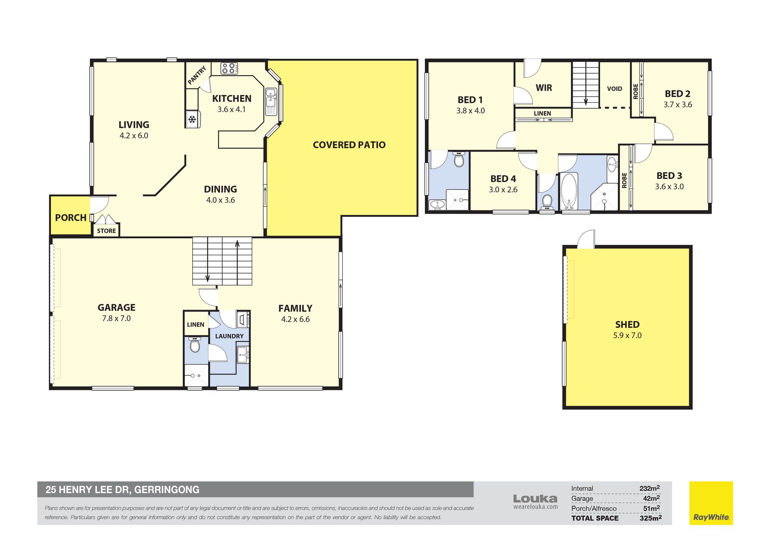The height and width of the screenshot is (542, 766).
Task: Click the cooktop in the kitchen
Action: (x=229, y=68)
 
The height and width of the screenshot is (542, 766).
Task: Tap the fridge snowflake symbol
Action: (x=192, y=119)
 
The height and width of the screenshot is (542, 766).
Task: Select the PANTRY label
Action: (x=197, y=75)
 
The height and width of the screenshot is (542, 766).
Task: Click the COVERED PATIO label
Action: (x=349, y=145)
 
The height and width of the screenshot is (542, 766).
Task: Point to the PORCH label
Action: (x=71, y=218)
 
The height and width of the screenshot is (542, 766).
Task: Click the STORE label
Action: (x=107, y=231)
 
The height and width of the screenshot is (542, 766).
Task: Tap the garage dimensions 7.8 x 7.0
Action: (x=116, y=318)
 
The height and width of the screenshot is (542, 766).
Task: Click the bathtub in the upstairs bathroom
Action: (x=569, y=191)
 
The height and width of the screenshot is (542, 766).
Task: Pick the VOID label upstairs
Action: (x=614, y=89)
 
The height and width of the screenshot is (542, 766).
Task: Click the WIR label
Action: (x=544, y=88)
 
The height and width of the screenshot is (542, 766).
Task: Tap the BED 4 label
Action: (x=503, y=179)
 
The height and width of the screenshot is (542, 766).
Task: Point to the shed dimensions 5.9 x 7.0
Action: (x=627, y=336)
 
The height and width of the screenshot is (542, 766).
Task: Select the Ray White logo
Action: (x=711, y=503)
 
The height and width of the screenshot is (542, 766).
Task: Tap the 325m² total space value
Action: (x=650, y=518)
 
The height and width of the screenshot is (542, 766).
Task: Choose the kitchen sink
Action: (x=271, y=102)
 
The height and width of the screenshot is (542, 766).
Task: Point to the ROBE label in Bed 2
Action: (x=636, y=91)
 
